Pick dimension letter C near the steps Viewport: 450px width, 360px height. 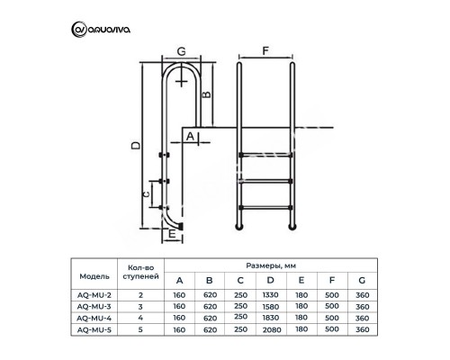(148, 193)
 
